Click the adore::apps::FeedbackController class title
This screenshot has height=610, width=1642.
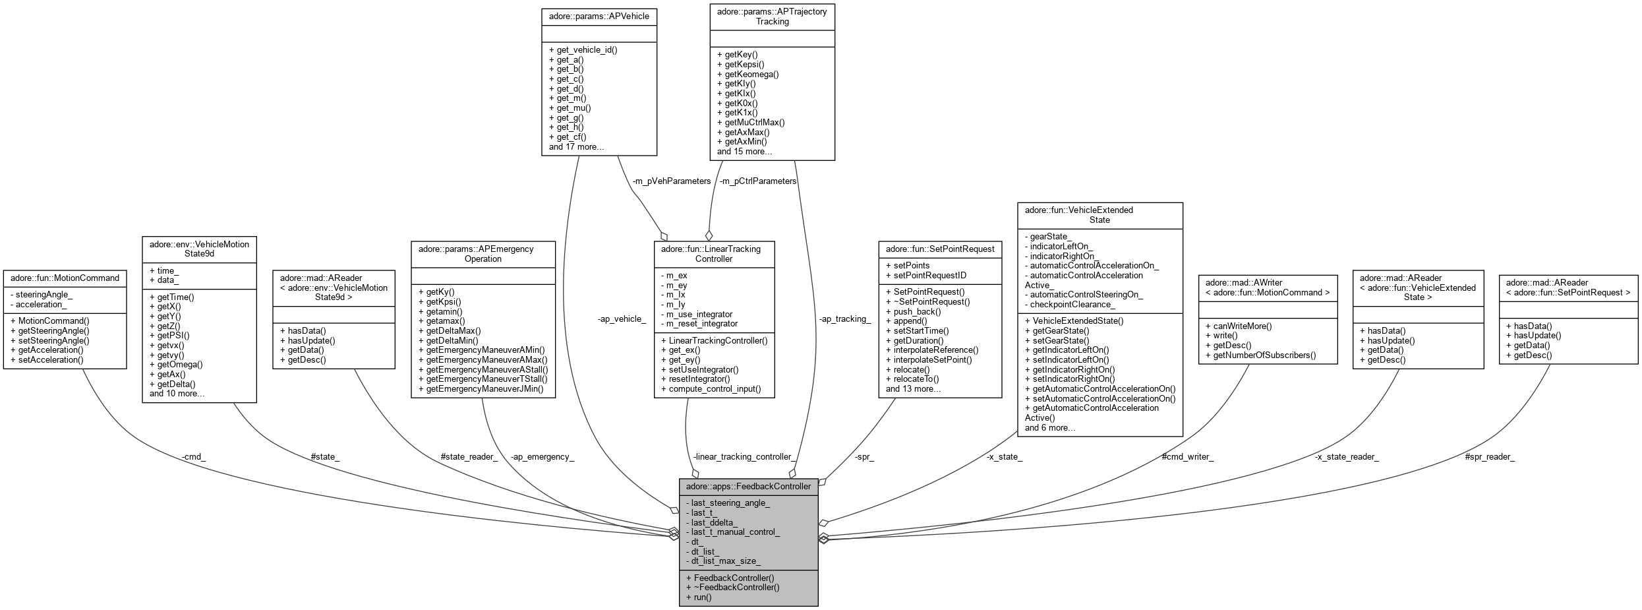point(748,487)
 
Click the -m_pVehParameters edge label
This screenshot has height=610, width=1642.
point(671,181)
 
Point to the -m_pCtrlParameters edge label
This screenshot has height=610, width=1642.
point(757,181)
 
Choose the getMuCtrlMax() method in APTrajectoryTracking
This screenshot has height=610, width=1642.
point(754,122)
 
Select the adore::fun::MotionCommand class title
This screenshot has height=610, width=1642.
point(65,278)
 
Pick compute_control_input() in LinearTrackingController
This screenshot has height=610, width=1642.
point(715,388)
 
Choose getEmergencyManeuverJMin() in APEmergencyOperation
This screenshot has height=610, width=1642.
point(484,388)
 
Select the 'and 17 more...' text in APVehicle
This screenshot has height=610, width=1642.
point(576,146)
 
